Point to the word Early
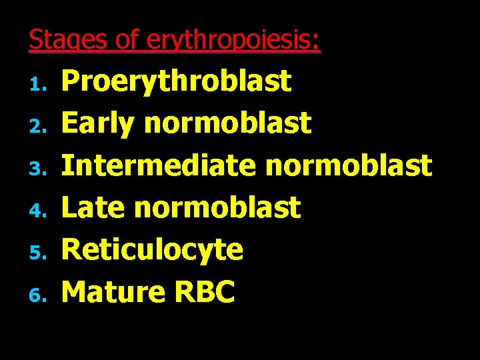97,124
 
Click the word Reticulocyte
152,250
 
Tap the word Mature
113,291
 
